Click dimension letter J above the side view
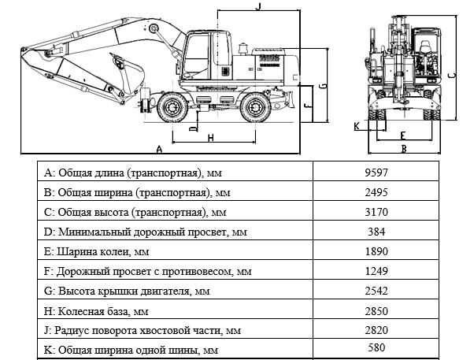258,6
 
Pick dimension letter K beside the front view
357,125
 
